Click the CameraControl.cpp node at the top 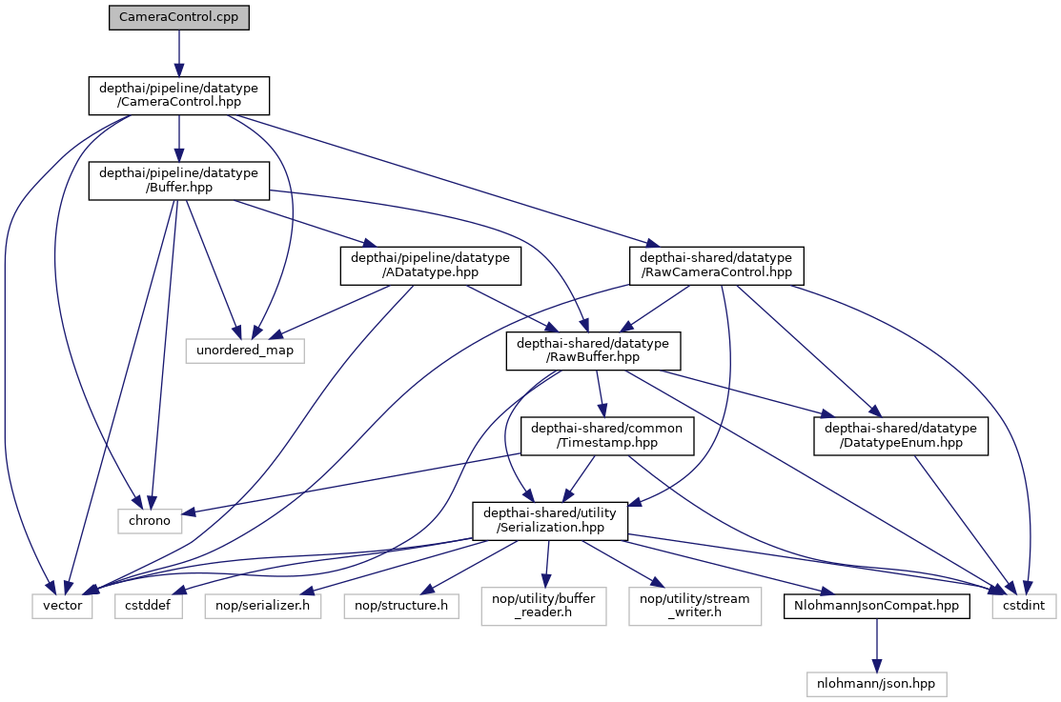click(178, 18)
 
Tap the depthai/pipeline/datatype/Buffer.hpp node click(178, 180)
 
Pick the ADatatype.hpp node click(431, 265)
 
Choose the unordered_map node click(246, 351)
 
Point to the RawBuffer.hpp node click(592, 351)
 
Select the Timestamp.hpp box click(607, 436)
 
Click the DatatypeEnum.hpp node click(901, 436)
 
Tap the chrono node click(149, 520)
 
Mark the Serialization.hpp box click(550, 520)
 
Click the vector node click(63, 605)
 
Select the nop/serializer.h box click(262, 605)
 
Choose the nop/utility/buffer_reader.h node click(544, 606)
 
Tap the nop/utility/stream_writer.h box click(695, 606)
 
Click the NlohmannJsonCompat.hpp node click(876, 605)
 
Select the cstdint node click(1025, 605)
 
